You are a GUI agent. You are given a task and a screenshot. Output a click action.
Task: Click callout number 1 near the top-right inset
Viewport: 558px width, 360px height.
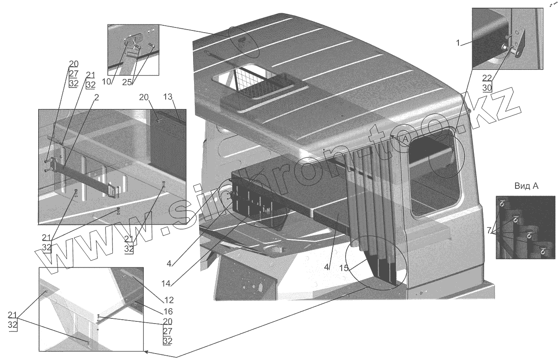pyautogui.click(x=458, y=42)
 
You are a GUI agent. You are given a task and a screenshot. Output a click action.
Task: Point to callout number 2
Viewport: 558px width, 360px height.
pyautogui.click(x=96, y=97)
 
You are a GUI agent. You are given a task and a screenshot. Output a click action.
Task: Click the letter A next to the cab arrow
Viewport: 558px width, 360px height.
pyautogui.click(x=405, y=139)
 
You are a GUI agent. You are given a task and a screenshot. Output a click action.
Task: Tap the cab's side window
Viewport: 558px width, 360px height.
pyautogui.click(x=434, y=172)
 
